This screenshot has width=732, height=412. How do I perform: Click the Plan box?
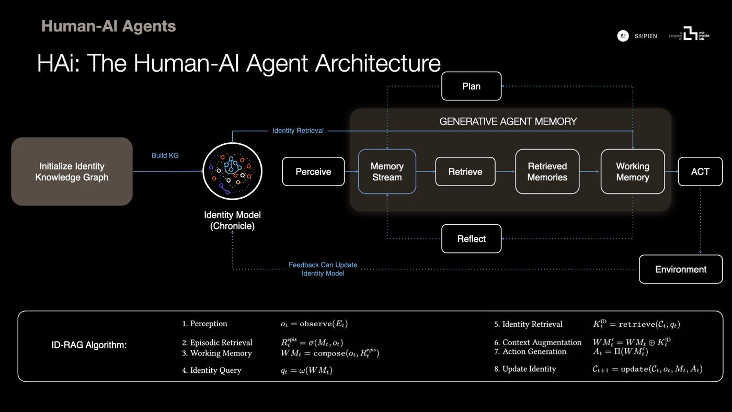(471, 86)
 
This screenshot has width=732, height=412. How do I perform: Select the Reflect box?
(471, 239)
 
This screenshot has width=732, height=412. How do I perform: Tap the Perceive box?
(313, 171)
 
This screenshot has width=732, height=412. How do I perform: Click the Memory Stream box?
(387, 171)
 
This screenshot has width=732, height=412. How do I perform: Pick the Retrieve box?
(465, 171)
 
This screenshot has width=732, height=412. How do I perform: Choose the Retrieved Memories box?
(547, 171)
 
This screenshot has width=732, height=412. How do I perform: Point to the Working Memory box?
(632, 171)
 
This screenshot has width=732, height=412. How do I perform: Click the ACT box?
(700, 171)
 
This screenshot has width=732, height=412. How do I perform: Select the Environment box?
(680, 269)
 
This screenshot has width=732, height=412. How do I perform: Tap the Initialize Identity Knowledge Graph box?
(72, 171)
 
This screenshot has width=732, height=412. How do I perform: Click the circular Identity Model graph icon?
(232, 171)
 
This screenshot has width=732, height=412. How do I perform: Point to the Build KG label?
(165, 155)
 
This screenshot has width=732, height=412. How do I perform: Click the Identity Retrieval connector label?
(298, 131)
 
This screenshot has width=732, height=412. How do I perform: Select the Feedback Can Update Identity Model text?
(323, 269)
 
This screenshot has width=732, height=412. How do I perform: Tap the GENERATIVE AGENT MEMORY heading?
(508, 122)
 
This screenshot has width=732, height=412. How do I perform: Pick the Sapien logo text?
(646, 36)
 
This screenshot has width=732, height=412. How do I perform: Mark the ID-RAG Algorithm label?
(89, 345)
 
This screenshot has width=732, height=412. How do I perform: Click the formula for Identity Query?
(306, 370)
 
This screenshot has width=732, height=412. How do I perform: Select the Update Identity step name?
(529, 369)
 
